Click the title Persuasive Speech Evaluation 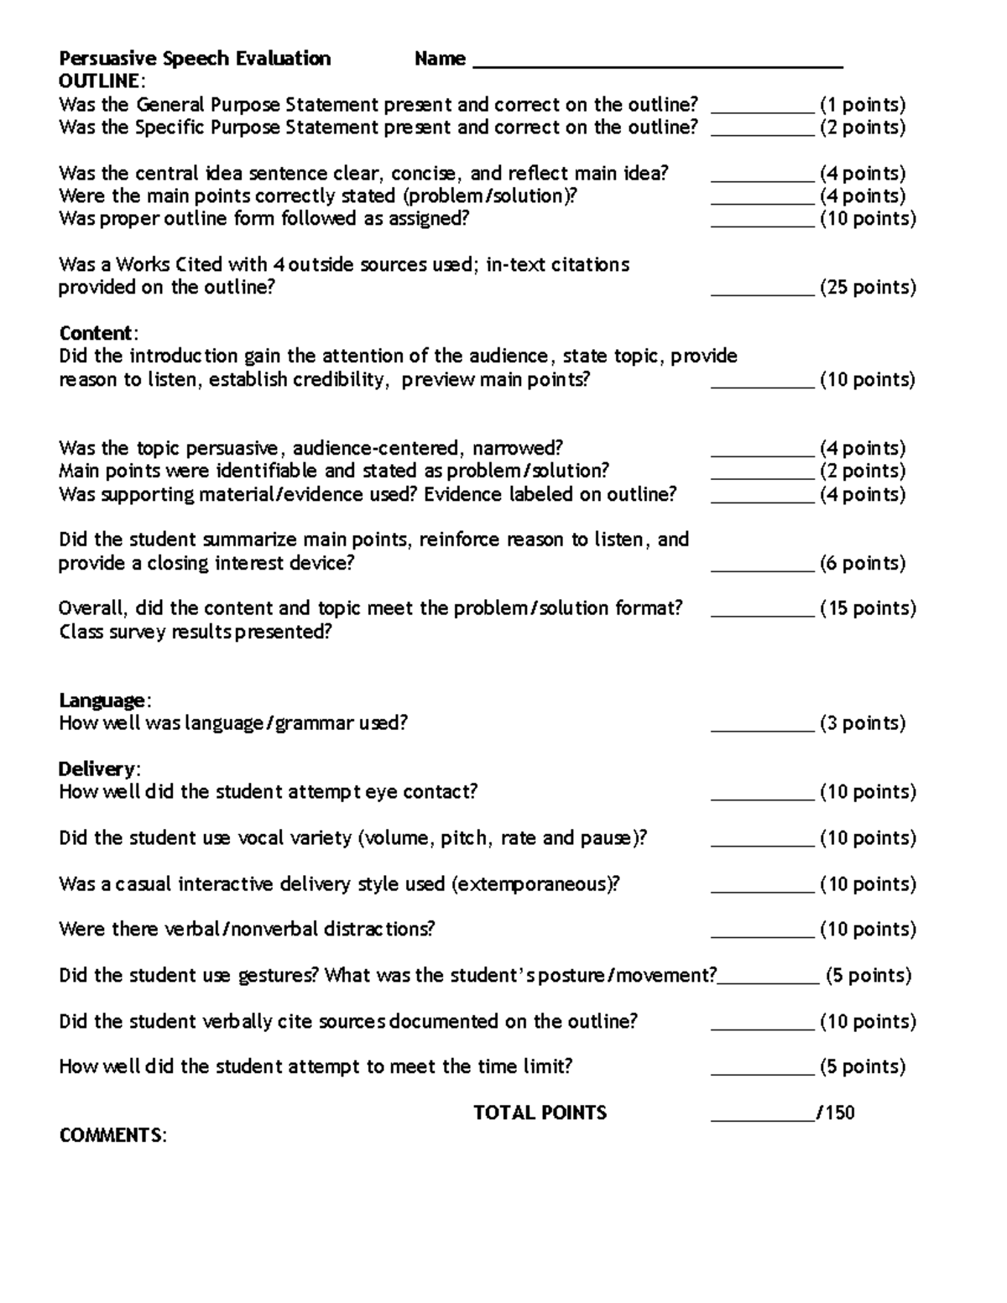point(195,59)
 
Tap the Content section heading point(96,333)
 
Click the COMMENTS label point(112,1136)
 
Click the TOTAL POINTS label point(540,1113)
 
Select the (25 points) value point(868,288)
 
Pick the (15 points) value point(868,608)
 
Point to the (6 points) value point(863,563)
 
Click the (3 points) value point(863,723)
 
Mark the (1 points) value point(863,105)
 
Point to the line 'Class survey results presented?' point(196,632)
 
